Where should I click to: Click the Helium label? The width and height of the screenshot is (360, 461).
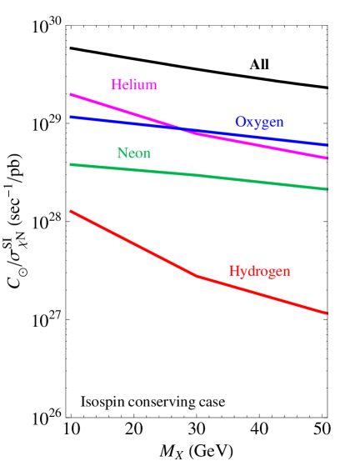(133, 85)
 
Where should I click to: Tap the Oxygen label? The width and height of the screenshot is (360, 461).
(258, 123)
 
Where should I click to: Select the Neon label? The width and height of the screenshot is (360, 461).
(133, 153)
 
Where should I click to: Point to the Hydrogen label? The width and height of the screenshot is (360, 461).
(259, 272)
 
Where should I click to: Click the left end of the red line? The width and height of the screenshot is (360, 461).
(71, 211)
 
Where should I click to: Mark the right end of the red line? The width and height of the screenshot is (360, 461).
(327, 313)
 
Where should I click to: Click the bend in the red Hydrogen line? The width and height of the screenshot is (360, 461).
(197, 276)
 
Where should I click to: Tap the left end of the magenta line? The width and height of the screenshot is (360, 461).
(71, 94)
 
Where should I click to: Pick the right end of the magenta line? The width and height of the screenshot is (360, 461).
(327, 158)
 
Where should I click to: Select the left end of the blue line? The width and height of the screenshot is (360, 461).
(71, 117)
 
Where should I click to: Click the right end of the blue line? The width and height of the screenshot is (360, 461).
(327, 145)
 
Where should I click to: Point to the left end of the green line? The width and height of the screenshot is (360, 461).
(71, 164)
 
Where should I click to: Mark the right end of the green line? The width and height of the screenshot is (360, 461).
(327, 189)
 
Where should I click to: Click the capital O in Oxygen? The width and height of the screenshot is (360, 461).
(240, 122)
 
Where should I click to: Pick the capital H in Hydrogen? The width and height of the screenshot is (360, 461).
(233, 272)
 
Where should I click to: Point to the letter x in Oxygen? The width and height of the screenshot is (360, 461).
(249, 123)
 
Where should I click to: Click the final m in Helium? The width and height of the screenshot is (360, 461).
(152, 86)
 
